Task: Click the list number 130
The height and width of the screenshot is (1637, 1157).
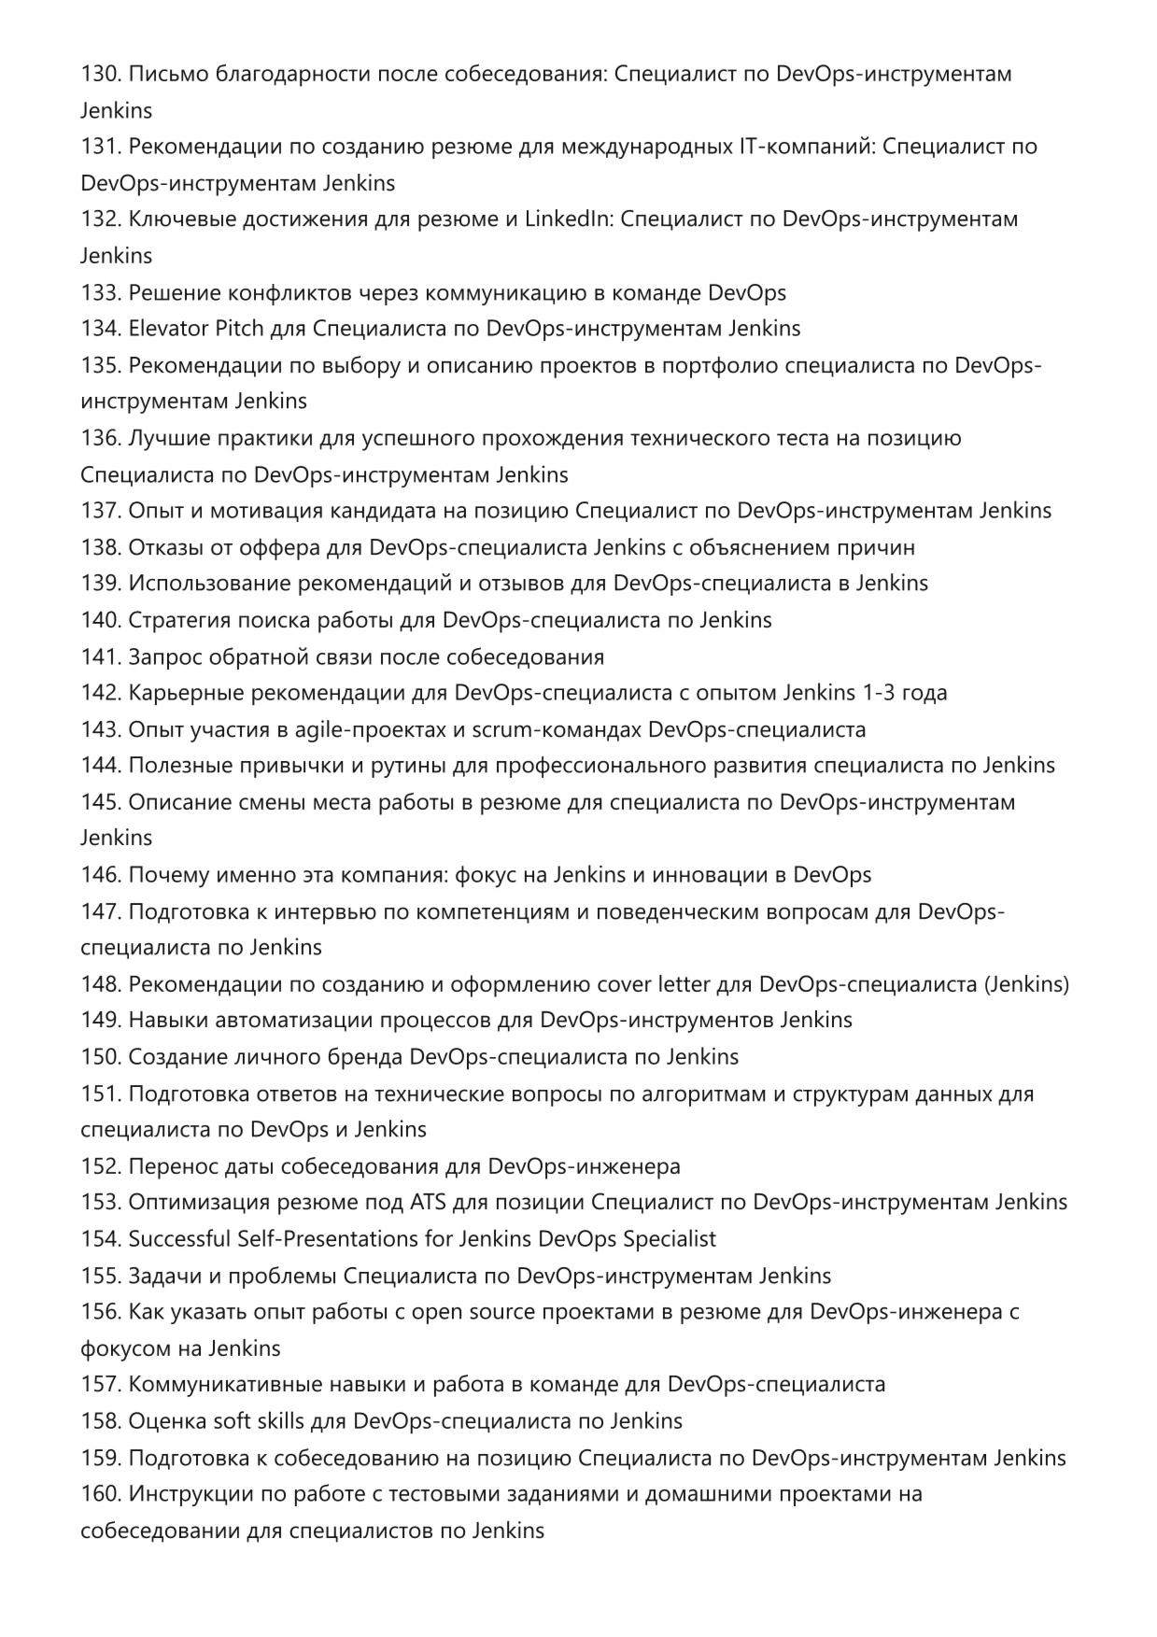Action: click(x=100, y=74)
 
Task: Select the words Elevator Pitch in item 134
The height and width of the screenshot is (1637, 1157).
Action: click(x=196, y=329)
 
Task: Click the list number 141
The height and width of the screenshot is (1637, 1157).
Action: click(x=100, y=657)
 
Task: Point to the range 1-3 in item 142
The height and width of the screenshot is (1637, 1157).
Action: click(x=884, y=693)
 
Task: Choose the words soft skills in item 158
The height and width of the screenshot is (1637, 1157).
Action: click(x=259, y=1421)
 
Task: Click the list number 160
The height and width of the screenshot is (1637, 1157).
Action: click(x=100, y=1494)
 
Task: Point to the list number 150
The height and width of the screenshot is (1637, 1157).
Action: click(x=100, y=1057)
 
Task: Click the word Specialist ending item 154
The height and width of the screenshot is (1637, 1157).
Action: click(x=669, y=1239)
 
